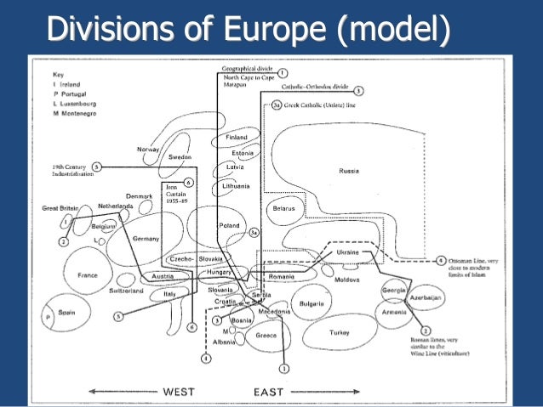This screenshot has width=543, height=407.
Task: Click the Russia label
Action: pyautogui.click(x=349, y=171)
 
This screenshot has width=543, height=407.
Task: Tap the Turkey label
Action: pyautogui.click(x=340, y=332)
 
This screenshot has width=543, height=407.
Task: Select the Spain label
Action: pyautogui.click(x=67, y=313)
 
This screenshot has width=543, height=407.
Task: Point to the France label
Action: pyautogui.click(x=88, y=275)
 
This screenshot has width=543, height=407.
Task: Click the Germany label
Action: pyautogui.click(x=146, y=239)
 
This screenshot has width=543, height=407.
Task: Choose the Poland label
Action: pyautogui.click(x=230, y=225)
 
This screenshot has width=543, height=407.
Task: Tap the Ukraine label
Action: pyautogui.click(x=348, y=252)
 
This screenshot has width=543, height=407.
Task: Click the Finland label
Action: pyautogui.click(x=237, y=137)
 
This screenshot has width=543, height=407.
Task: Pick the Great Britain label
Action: pyautogui.click(x=61, y=207)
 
